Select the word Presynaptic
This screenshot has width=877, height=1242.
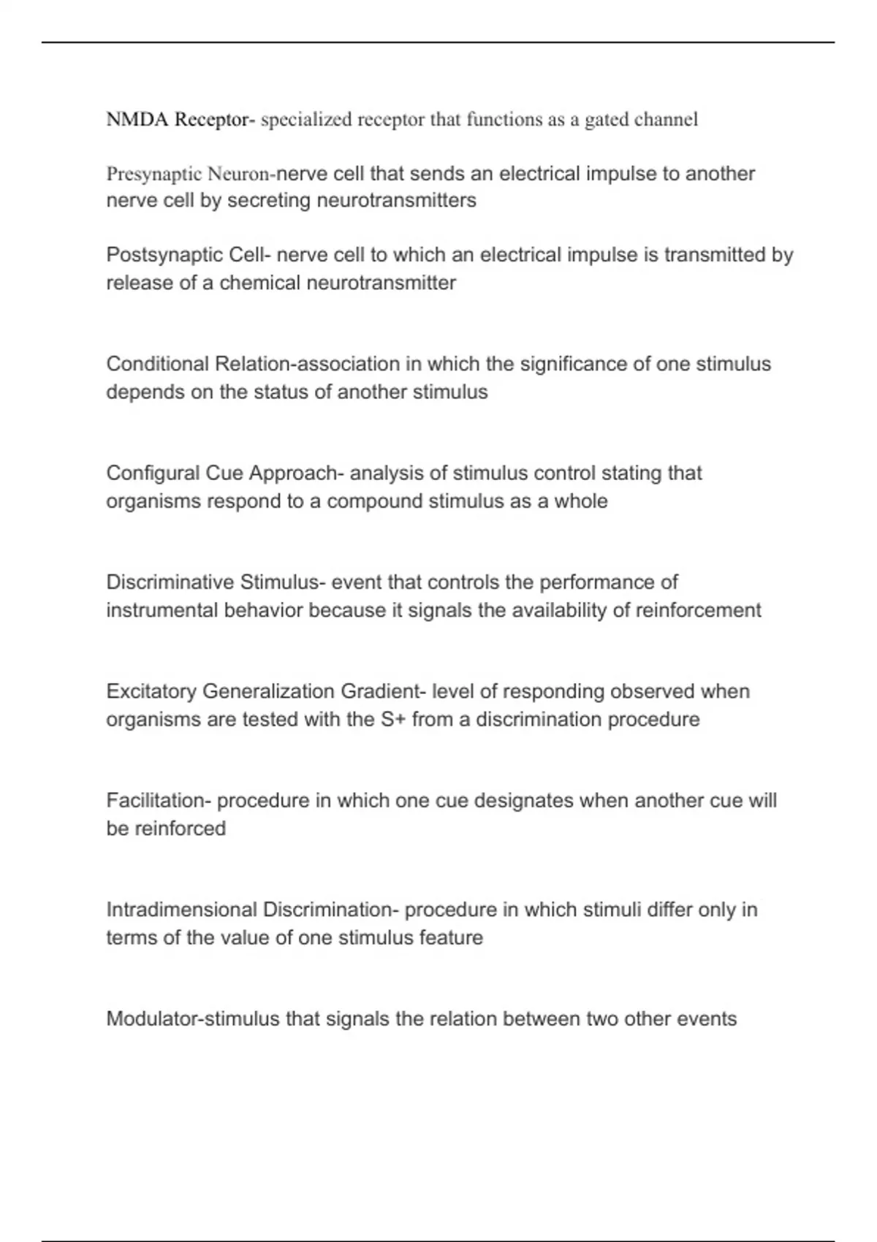[153, 174]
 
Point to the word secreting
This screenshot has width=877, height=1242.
[270, 200]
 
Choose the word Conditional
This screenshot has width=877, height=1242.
[157, 364]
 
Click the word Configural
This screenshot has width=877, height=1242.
[153, 473]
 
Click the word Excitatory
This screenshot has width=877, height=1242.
[151, 691]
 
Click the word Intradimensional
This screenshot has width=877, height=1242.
[181, 910]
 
